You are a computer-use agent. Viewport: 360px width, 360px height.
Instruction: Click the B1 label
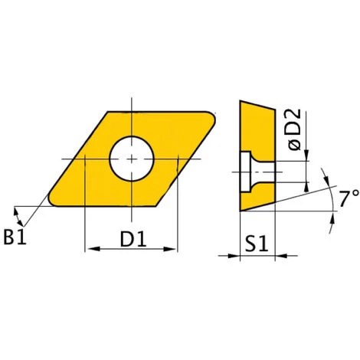tap(15, 237)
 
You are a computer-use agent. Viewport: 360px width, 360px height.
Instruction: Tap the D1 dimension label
tap(133, 239)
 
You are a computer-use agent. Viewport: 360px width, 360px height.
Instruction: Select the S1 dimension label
tap(256, 244)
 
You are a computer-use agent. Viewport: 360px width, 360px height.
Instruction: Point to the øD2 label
tap(294, 129)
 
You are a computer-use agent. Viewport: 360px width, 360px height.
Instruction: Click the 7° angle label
tap(349, 198)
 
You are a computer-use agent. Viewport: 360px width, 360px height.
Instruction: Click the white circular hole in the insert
tap(132, 159)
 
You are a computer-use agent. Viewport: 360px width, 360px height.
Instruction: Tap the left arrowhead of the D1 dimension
tap(94, 249)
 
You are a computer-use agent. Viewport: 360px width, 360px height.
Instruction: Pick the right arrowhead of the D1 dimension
tap(170, 249)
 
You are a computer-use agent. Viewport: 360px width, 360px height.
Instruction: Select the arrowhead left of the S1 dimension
tap(234, 255)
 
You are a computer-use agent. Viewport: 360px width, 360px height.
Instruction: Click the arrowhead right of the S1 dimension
tap(282, 255)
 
